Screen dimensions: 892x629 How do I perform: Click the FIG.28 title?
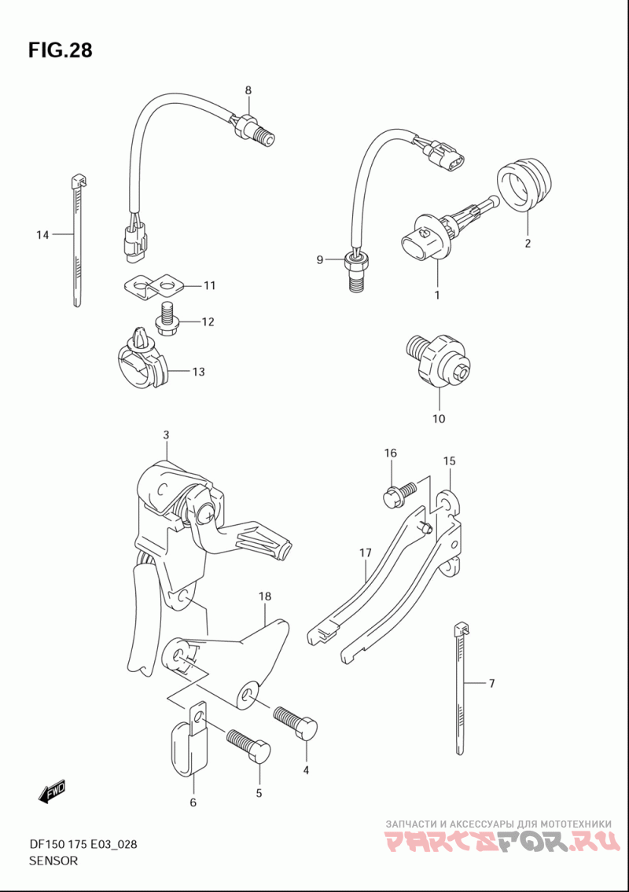60,50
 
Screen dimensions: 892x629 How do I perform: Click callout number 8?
248,90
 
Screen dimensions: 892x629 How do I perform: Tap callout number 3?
166,435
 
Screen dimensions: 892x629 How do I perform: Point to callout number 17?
365,553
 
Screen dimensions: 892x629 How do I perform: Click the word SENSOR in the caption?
53,861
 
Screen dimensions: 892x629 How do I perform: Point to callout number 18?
264,597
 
